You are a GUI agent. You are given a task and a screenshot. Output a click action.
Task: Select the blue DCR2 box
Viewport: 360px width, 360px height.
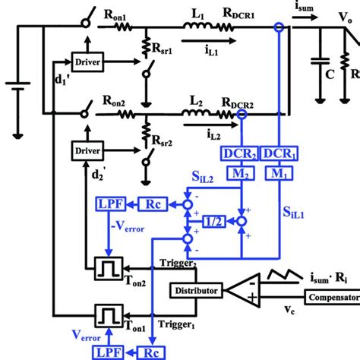pos(241,153)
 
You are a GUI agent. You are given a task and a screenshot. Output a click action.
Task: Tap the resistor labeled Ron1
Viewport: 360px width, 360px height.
pos(129,27)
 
